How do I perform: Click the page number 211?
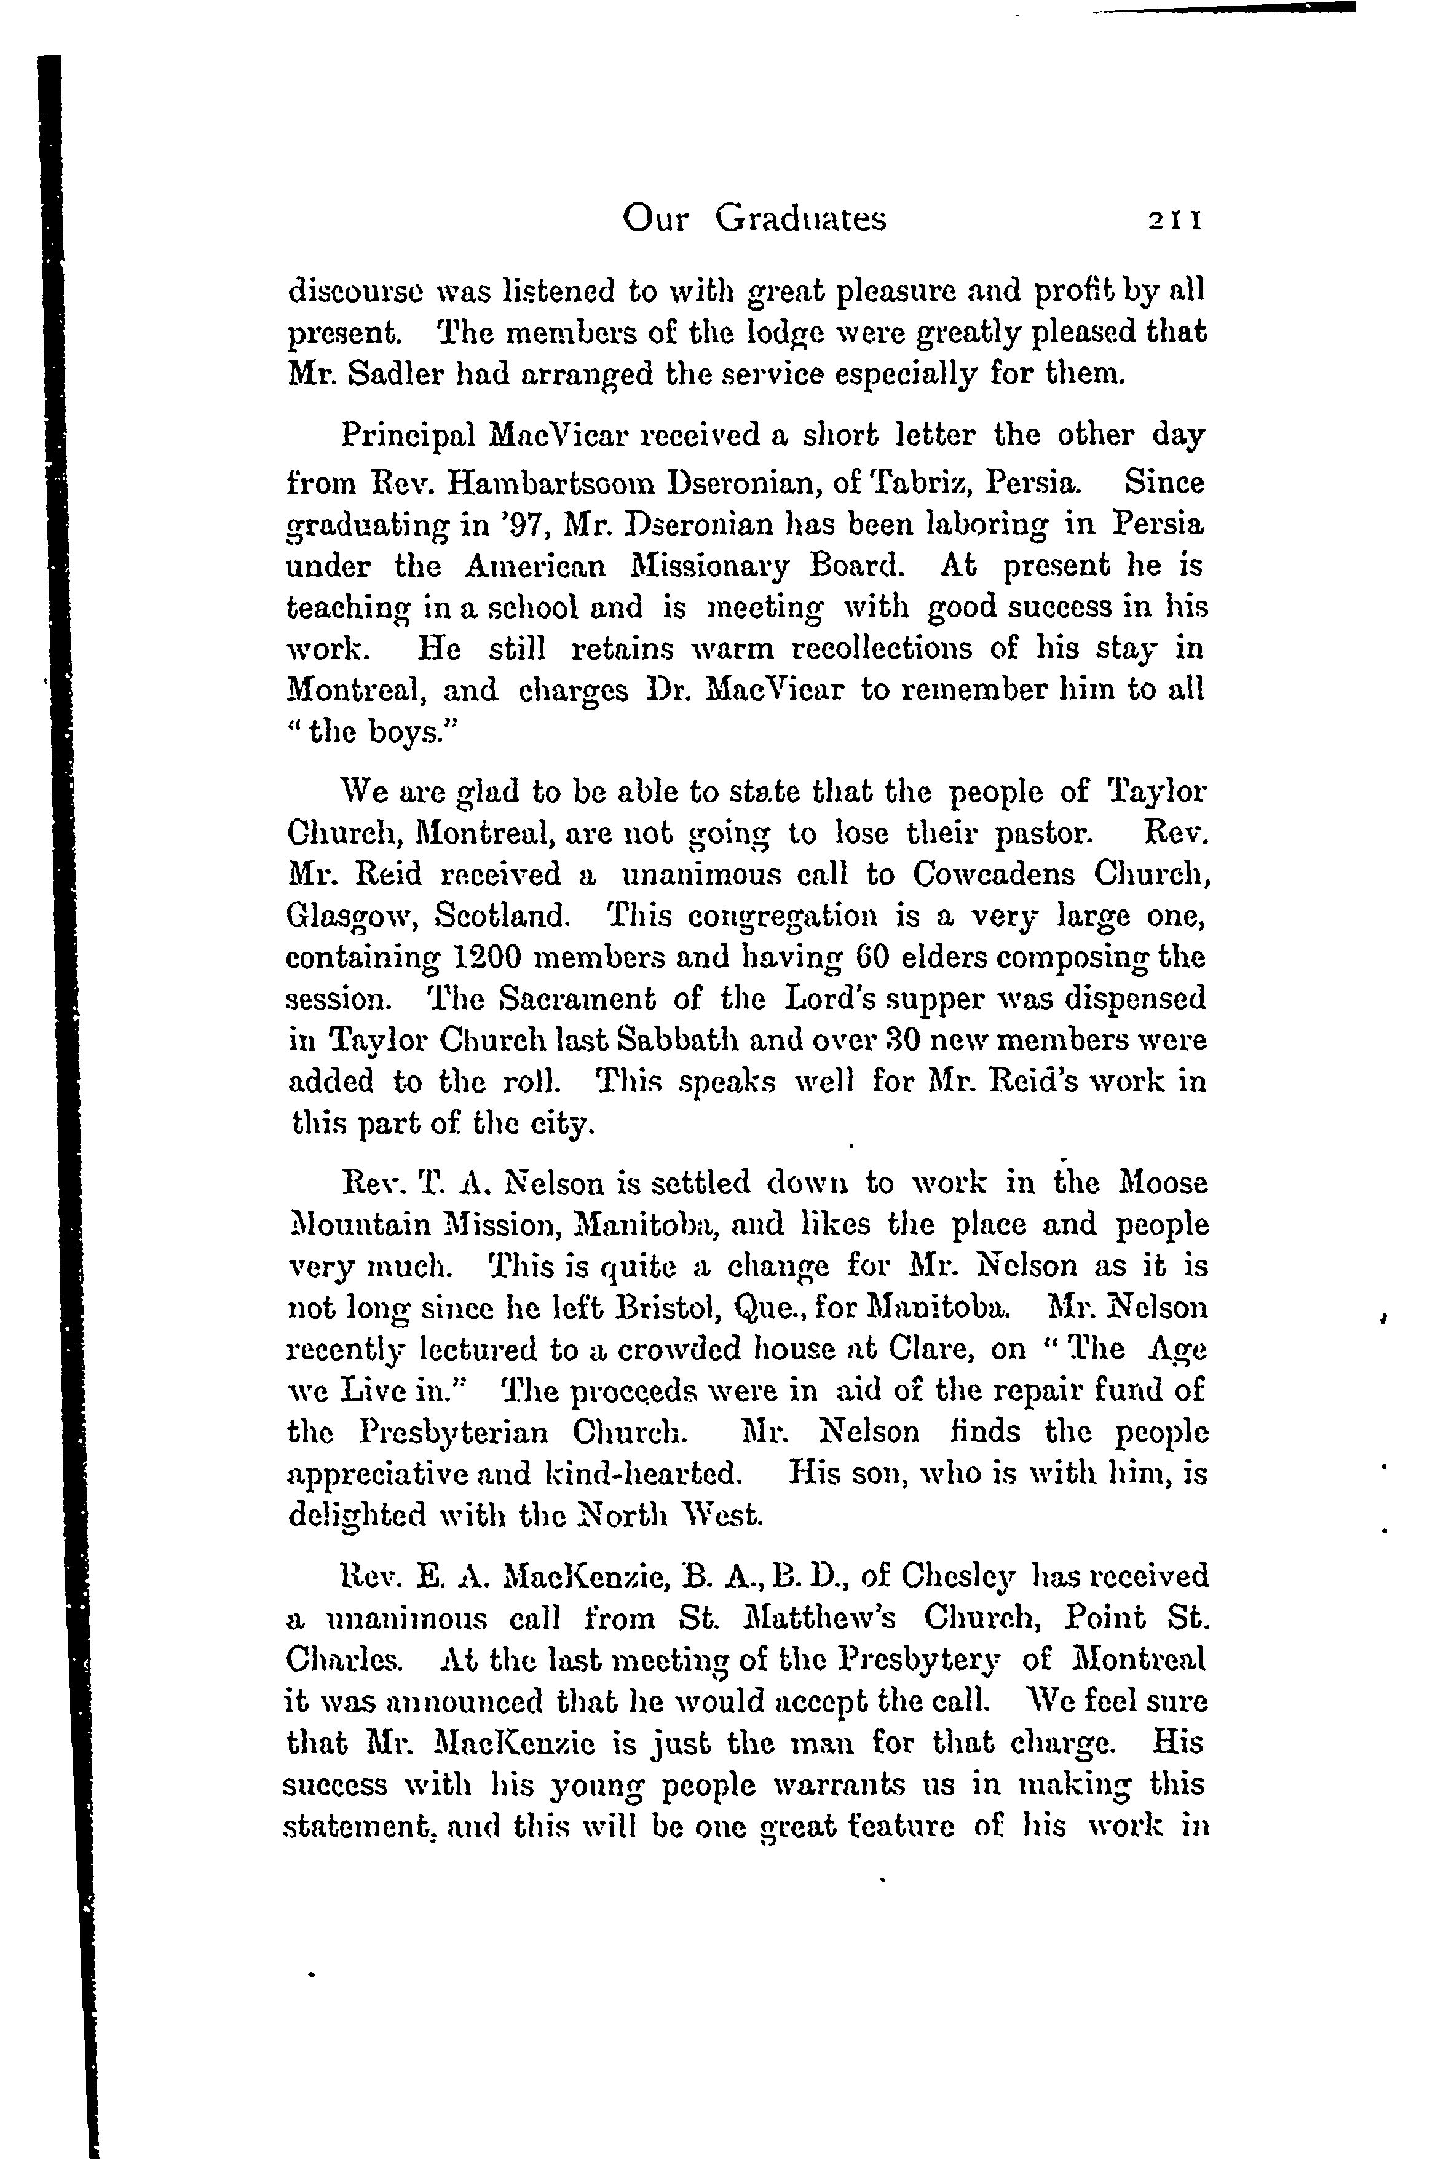tap(1173, 220)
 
